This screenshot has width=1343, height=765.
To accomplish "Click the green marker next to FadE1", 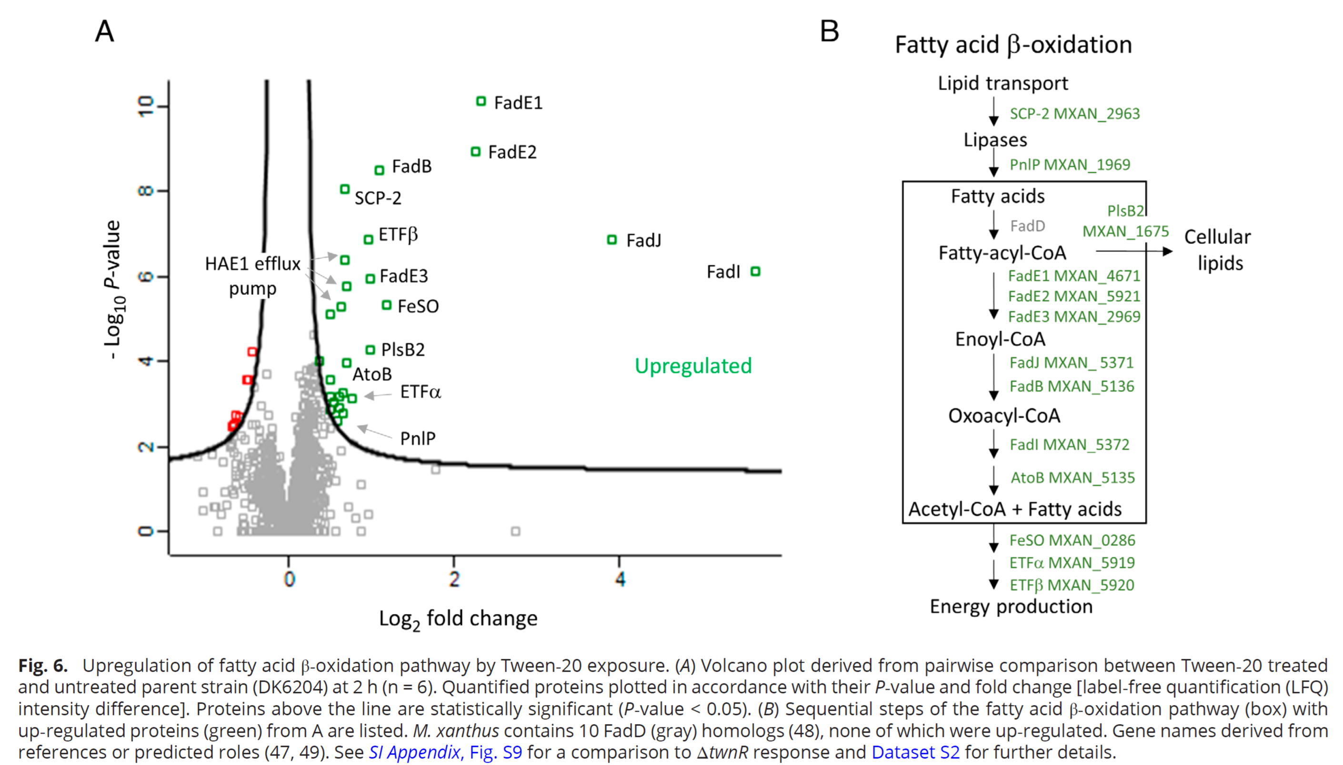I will point(481,101).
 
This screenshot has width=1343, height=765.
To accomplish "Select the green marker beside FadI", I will point(755,271).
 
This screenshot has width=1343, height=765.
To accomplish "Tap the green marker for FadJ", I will point(611,240).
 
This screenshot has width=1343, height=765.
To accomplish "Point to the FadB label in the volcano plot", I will point(412,167).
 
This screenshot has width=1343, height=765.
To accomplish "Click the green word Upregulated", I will point(693,366).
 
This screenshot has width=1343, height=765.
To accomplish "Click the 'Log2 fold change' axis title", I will point(458,619).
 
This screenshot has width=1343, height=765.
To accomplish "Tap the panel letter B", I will point(829,31).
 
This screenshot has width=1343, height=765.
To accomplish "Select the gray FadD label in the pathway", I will point(1027,226).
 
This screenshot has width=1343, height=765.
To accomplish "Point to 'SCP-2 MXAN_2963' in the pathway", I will point(1074,113).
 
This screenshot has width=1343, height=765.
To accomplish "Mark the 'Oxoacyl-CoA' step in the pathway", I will point(1004,415).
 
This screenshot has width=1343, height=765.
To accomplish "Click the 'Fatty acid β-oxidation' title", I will point(1013,45).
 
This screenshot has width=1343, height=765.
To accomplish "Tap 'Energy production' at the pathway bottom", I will point(1011,606).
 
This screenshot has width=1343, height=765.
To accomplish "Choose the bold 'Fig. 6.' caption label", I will point(43,666).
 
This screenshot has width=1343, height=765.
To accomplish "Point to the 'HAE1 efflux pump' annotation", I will point(252,276).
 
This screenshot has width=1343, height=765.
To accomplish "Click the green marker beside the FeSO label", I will point(387,305).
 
